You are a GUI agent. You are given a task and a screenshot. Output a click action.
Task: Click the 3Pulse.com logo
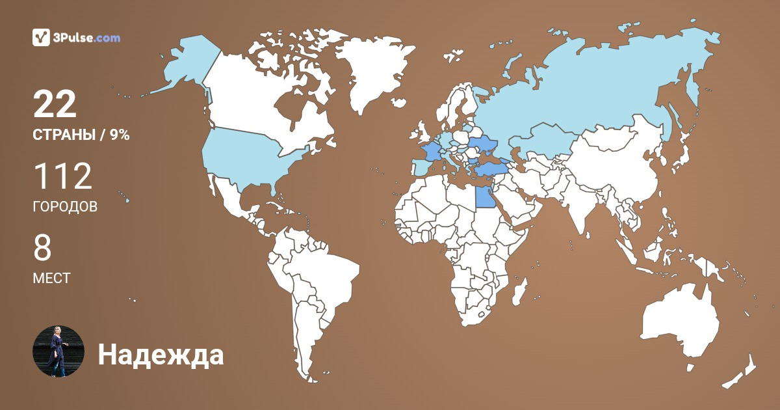pyautogui.click(x=76, y=37)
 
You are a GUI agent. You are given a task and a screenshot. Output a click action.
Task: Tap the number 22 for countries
pyautogui.click(x=55, y=104)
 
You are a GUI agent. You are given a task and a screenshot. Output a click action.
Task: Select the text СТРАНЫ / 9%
pyautogui.click(x=81, y=135)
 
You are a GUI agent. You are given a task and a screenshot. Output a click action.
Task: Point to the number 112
pyautogui.click(x=62, y=177)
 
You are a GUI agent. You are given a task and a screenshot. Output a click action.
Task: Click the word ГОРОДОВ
pyautogui.click(x=65, y=207)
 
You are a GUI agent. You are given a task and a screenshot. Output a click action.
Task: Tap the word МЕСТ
pyautogui.click(x=51, y=278)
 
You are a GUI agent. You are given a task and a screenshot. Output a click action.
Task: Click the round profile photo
pyautogui.click(x=58, y=351)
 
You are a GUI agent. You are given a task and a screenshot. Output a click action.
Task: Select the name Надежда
pyautogui.click(x=161, y=355)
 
